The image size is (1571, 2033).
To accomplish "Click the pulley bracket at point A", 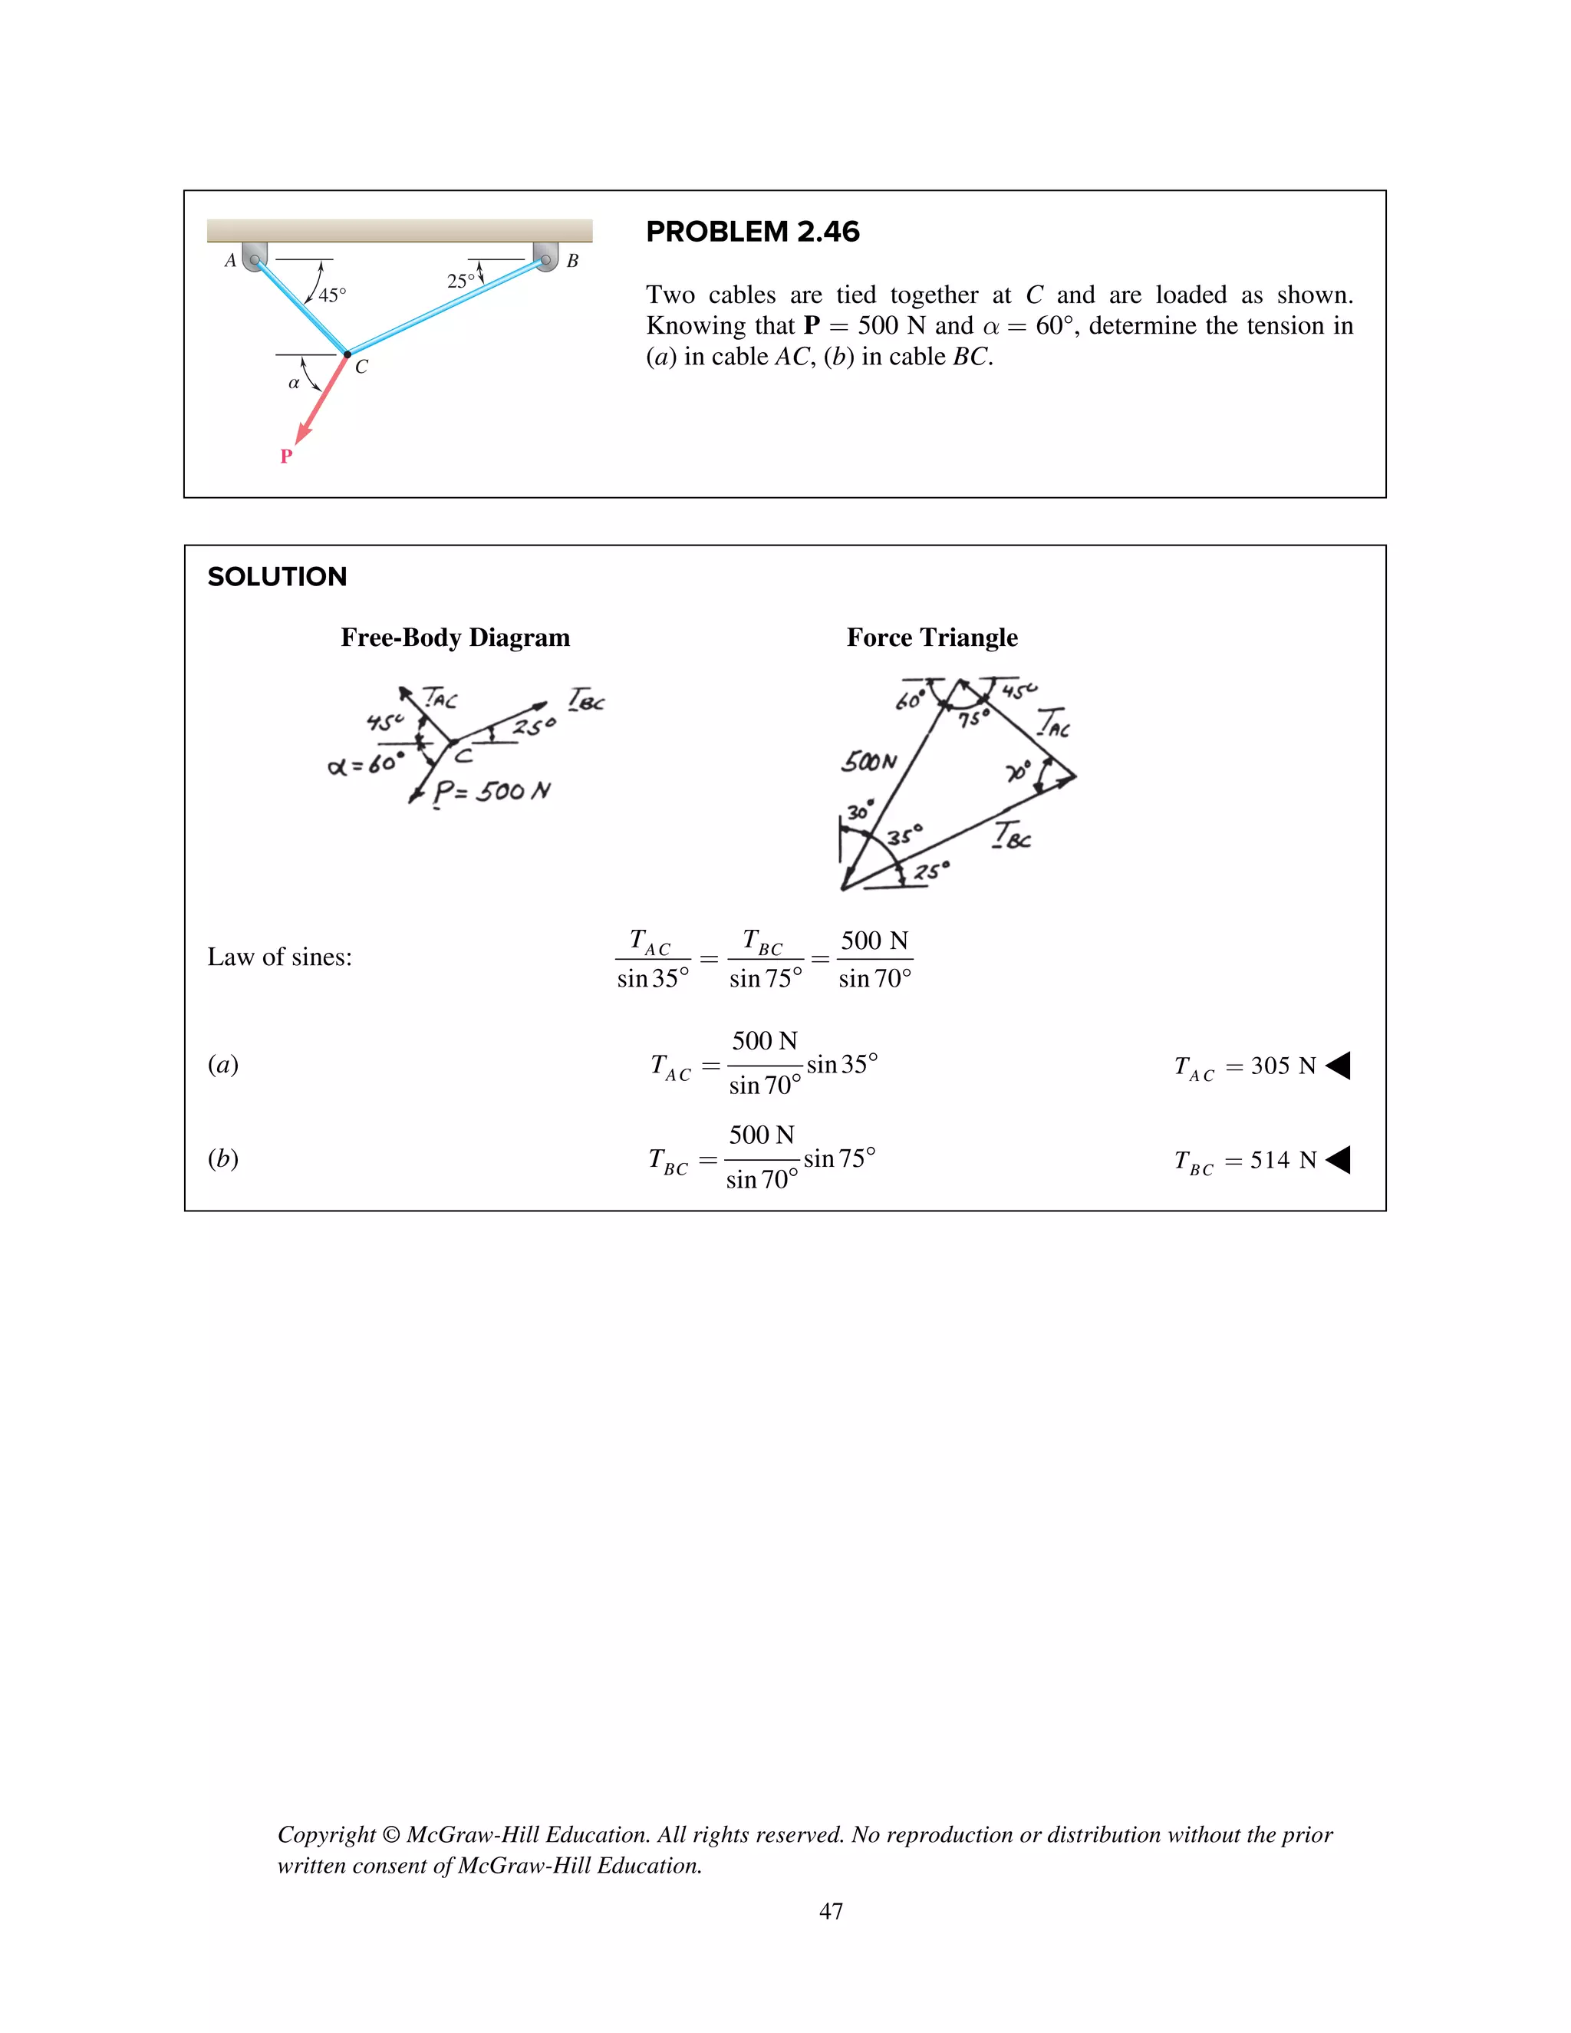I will [x=254, y=256].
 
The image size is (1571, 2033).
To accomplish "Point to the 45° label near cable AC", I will [x=332, y=295].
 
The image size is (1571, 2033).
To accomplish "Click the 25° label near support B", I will [x=461, y=281].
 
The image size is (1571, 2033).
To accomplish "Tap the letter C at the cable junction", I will [x=361, y=367].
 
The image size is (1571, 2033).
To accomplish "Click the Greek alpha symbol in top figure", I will [x=293, y=383].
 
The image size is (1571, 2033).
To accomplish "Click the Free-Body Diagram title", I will [x=455, y=638].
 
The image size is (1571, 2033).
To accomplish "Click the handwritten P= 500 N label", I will [x=492, y=792].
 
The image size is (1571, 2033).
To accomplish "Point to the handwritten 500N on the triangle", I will [x=869, y=762].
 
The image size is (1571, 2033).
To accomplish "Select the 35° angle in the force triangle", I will [x=904, y=834].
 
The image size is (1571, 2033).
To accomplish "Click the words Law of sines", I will [x=279, y=957].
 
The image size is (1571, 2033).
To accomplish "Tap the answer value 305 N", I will [x=1283, y=1066].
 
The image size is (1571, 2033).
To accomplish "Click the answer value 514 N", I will [x=1283, y=1160].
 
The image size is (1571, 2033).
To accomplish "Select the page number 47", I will [x=830, y=1911].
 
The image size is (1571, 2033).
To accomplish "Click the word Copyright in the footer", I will [x=326, y=1835].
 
